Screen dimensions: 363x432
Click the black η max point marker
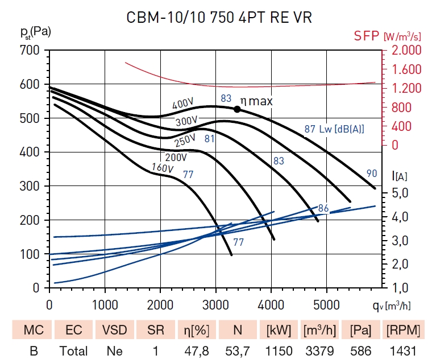[237, 109]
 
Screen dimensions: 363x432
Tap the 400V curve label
[183, 104]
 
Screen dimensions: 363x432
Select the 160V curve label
[162, 167]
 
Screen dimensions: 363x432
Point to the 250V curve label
[185, 139]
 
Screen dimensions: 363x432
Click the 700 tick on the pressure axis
[31, 50]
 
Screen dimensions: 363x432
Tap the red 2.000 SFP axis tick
[407, 50]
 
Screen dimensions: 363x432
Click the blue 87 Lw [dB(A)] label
[334, 129]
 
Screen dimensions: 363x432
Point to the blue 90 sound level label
[372, 174]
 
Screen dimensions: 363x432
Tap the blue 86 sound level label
[324, 208]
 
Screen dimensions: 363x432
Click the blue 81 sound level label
[209, 138]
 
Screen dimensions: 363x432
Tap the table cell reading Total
[74, 351]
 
